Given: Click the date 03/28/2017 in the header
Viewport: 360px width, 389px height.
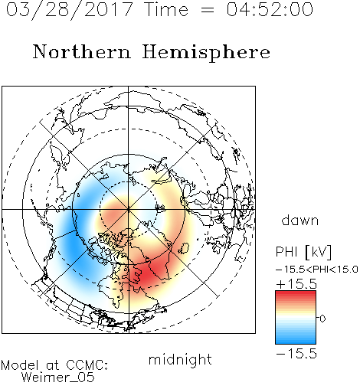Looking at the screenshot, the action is (70, 10).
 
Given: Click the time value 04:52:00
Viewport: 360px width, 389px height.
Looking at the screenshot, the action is (270, 9).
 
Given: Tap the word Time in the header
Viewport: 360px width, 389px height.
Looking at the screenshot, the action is (166, 9).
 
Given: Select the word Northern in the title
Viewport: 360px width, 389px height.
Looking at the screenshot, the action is (82, 51).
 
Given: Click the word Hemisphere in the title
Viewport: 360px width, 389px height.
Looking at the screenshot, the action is (206, 52).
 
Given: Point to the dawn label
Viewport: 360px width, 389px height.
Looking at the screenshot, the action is (300, 220).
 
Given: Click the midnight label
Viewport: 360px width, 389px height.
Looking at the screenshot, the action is (180, 359).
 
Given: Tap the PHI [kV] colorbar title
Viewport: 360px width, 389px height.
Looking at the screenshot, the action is (304, 252).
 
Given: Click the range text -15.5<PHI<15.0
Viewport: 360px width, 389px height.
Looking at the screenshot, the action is (317, 270).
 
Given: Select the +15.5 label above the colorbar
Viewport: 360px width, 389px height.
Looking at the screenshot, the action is (296, 284).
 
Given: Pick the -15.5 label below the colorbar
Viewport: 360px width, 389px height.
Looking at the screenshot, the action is (296, 354).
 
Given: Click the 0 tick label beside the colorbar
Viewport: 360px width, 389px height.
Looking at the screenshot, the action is (322, 319).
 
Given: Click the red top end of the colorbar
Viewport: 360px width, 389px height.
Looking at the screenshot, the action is (296, 293).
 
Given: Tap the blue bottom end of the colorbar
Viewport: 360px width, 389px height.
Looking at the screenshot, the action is (296, 342).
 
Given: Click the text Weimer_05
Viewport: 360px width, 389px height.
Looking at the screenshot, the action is (58, 378).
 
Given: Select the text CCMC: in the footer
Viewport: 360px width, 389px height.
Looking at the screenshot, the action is (87, 365).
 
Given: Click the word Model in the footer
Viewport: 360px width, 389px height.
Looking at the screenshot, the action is (21, 365).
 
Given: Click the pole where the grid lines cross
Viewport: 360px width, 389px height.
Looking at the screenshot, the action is (129, 210).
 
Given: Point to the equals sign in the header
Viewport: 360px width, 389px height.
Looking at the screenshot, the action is (207, 10).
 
